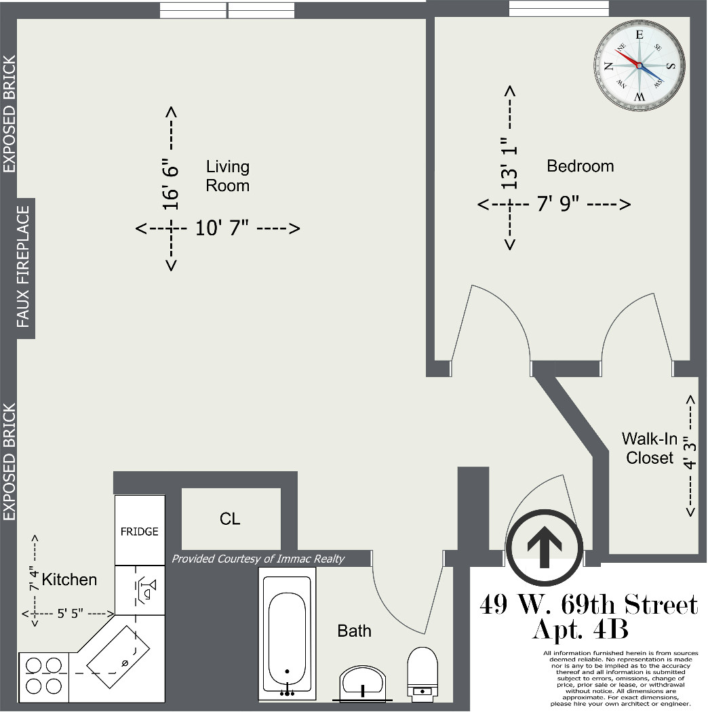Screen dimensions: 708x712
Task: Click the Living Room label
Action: [x=227, y=176]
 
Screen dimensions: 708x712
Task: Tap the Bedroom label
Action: [x=580, y=166]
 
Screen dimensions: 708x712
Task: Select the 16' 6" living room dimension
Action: [x=171, y=184]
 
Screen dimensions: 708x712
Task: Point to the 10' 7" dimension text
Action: [x=222, y=228]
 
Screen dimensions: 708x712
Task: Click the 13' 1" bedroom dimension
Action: [x=509, y=163]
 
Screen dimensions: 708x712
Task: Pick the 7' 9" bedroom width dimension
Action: [x=558, y=203]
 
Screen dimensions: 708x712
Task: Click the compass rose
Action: [x=640, y=66]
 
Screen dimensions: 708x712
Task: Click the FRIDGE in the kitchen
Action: [x=140, y=530]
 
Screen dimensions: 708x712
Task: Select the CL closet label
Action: [x=230, y=519]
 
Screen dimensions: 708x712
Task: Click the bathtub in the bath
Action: [x=287, y=633]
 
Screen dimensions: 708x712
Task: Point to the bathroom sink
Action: [x=362, y=681]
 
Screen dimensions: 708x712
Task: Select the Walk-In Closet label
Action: [x=650, y=448]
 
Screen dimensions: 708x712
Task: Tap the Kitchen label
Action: [x=69, y=580]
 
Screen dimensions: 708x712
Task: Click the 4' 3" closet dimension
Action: [x=690, y=452]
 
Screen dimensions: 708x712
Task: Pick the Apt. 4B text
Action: [x=581, y=629]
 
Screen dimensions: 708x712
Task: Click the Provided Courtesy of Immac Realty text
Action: [x=258, y=559]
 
